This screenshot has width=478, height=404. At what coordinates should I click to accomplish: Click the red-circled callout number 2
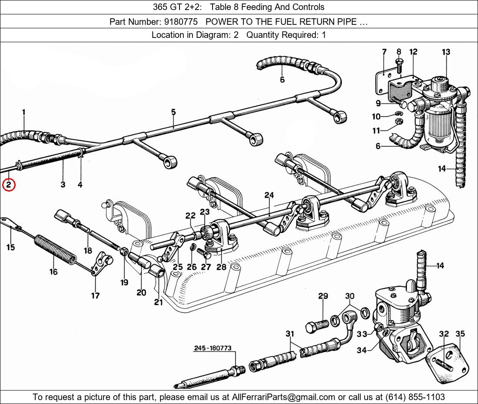(x=9, y=185)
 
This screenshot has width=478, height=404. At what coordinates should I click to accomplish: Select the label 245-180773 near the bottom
(x=212, y=348)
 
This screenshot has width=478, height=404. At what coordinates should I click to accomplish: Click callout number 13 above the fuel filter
(x=446, y=52)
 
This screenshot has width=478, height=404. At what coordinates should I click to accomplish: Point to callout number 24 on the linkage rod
(x=269, y=195)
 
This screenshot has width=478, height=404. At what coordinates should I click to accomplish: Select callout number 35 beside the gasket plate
(x=460, y=334)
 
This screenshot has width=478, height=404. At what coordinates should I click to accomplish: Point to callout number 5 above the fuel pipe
(x=173, y=112)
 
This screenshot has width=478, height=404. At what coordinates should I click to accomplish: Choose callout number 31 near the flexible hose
(x=289, y=334)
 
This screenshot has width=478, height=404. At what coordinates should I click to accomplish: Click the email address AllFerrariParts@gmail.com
(x=284, y=397)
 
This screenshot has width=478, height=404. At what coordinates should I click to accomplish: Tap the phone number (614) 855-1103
(x=414, y=397)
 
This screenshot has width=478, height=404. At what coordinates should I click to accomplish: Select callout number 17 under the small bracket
(x=95, y=296)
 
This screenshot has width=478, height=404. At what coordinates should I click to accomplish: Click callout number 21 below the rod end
(x=158, y=301)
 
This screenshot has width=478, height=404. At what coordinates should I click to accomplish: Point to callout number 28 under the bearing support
(x=221, y=267)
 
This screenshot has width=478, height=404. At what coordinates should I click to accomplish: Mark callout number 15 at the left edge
(x=10, y=247)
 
